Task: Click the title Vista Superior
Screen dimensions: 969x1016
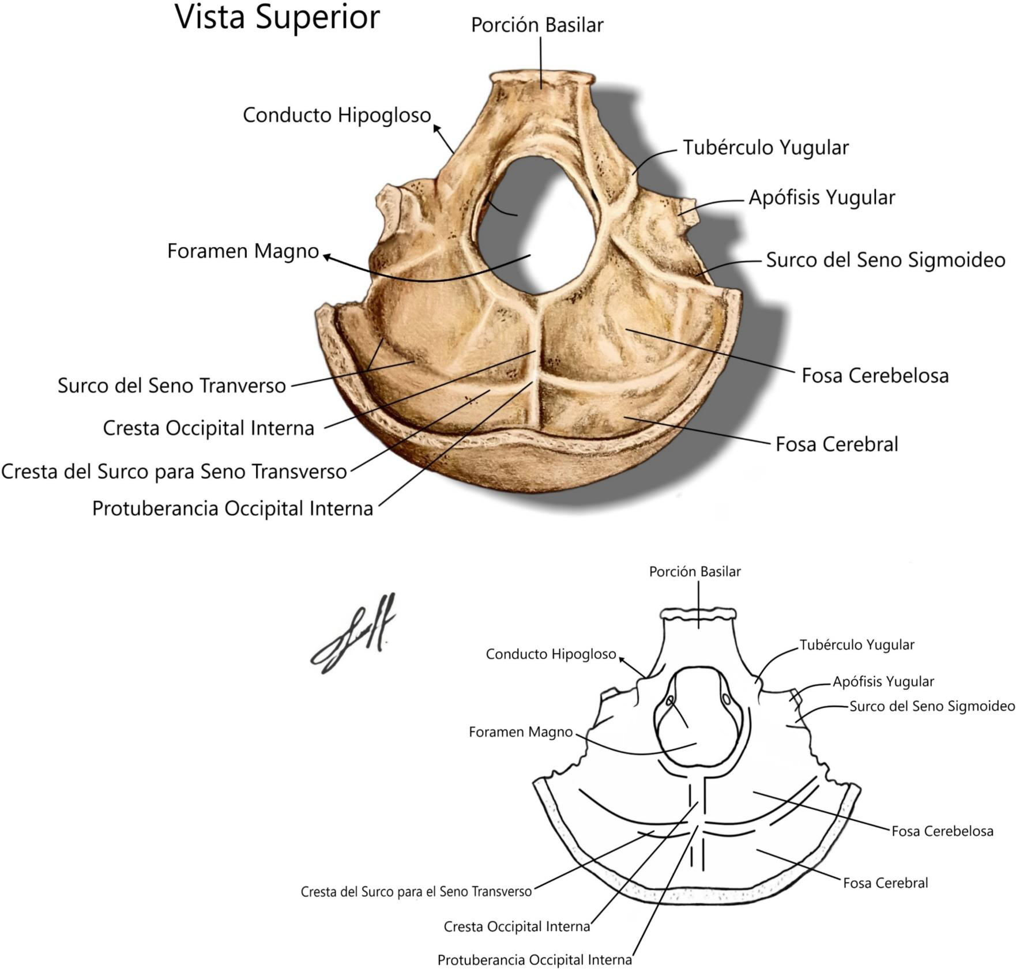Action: pos(277,18)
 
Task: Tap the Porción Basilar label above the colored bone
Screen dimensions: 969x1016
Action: pos(537,25)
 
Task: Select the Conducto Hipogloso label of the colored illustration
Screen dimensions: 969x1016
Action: pos(337,115)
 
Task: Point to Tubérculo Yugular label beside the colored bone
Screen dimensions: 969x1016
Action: pos(766,148)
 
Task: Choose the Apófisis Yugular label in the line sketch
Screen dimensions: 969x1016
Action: pos(883,682)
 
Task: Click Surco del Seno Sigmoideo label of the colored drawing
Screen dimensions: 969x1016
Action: pos(886,260)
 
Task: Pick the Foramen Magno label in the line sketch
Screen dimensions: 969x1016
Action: pos(521,732)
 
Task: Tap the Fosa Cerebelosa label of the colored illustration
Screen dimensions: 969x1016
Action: pos(875,376)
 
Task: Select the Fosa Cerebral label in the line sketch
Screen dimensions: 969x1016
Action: pos(885,883)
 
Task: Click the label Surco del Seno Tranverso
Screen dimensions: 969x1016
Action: pos(172,386)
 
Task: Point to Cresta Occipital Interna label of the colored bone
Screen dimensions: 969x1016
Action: pos(208,428)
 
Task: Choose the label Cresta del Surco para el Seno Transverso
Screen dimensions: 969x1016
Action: pos(416,892)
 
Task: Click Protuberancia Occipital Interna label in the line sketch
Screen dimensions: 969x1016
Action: pos(535,960)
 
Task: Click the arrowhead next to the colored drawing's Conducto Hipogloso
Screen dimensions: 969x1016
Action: pos(436,128)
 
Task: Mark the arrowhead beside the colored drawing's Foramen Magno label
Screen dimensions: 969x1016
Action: pos(327,257)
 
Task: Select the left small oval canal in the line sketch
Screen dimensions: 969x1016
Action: pos(670,701)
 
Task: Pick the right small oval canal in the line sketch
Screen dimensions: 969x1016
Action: pos(726,699)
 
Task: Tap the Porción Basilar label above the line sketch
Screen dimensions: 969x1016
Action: pos(694,572)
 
